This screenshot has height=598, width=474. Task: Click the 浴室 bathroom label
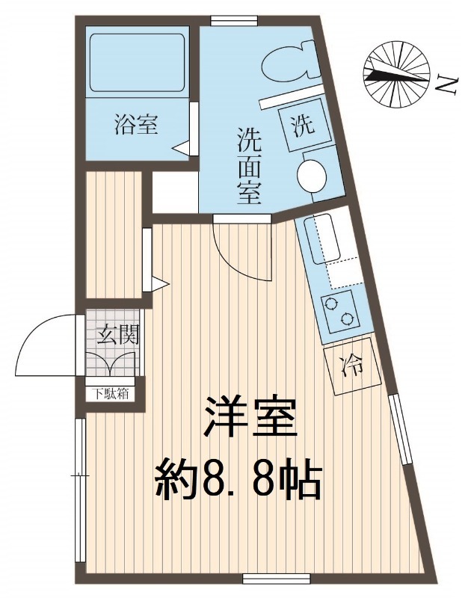click(136, 125)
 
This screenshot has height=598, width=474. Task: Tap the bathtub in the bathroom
click(137, 63)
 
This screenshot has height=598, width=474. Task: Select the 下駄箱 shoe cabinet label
click(109, 394)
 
